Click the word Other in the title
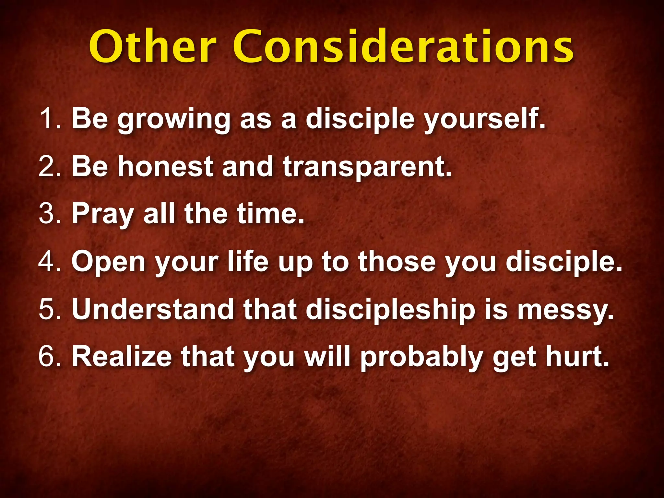(152, 47)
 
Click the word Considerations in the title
(403, 47)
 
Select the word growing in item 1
(173, 120)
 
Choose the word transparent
(366, 167)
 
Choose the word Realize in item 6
(122, 357)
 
